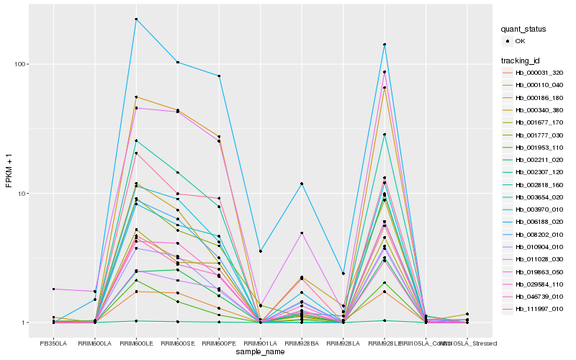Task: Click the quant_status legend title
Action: click(x=523, y=29)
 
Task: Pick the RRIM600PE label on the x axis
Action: click(x=218, y=343)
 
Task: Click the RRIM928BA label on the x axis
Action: click(x=301, y=343)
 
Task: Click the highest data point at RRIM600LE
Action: click(x=135, y=19)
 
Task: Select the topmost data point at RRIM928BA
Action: click(x=301, y=184)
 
